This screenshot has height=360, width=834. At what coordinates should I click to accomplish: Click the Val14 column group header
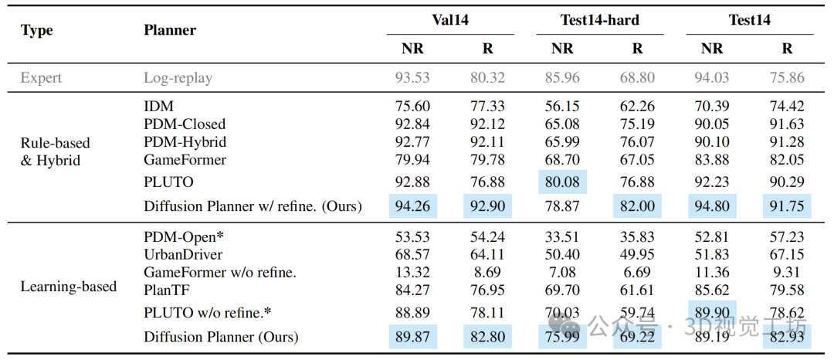[449, 21]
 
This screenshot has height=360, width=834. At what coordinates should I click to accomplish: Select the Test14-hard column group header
[599, 21]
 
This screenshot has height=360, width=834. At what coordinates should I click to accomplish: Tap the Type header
[36, 30]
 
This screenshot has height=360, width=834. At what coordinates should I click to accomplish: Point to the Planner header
[170, 30]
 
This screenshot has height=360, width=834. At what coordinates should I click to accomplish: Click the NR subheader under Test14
[712, 49]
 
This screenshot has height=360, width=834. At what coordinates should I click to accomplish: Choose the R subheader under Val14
[487, 49]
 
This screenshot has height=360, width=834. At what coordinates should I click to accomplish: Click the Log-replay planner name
[178, 78]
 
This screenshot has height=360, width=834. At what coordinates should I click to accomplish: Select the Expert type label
[41, 78]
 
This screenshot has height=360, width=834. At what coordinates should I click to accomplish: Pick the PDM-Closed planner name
[185, 124]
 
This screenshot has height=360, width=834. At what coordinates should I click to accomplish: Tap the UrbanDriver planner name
[183, 254]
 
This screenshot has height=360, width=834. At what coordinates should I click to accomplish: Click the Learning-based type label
[68, 287]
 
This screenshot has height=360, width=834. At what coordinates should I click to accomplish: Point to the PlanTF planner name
[167, 290]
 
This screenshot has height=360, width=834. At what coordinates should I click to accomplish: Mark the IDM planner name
[158, 107]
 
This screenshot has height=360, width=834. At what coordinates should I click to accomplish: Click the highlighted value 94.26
[412, 206]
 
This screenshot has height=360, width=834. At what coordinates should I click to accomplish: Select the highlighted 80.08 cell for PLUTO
[562, 182]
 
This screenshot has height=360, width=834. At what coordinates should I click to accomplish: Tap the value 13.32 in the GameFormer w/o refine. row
[412, 272]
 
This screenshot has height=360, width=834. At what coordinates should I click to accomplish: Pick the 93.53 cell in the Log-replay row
[412, 78]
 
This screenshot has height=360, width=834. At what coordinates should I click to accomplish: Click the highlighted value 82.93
[787, 337]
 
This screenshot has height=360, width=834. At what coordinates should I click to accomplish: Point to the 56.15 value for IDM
[562, 107]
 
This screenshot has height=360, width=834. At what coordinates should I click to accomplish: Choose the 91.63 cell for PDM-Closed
[787, 124]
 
